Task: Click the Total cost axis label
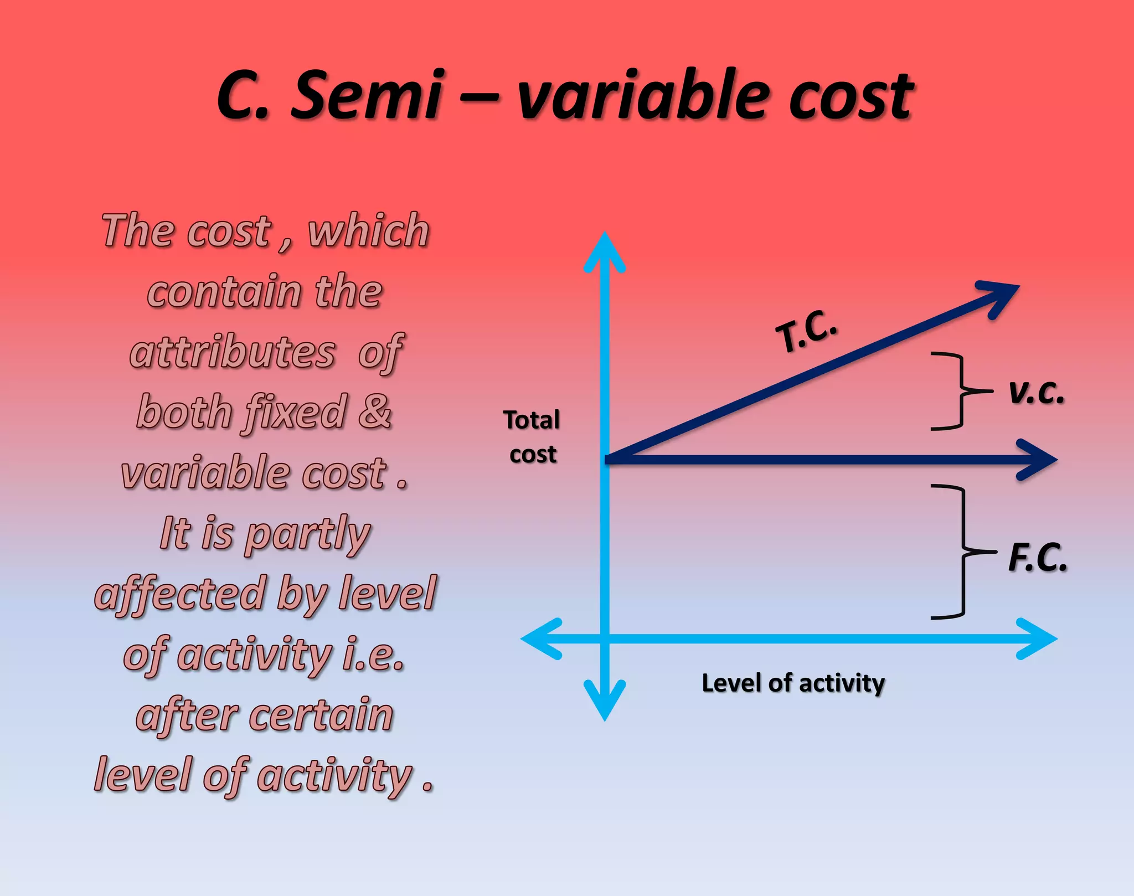click(532, 437)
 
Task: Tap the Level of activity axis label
click(793, 683)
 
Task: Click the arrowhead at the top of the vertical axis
click(605, 249)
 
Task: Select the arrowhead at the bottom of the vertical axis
click(605, 703)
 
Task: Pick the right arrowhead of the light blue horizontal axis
click(1041, 638)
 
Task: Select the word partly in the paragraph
click(307, 534)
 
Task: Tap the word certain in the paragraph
click(321, 715)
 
